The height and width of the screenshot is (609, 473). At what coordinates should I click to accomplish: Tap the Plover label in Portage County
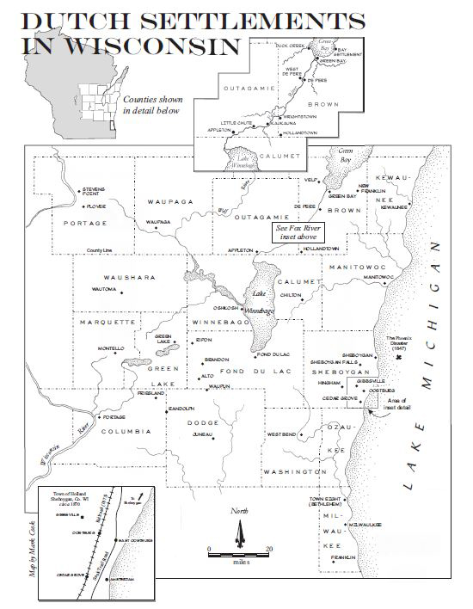95,206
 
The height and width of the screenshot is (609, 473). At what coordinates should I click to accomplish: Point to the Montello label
111,348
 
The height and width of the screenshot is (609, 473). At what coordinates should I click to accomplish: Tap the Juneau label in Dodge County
202,435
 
